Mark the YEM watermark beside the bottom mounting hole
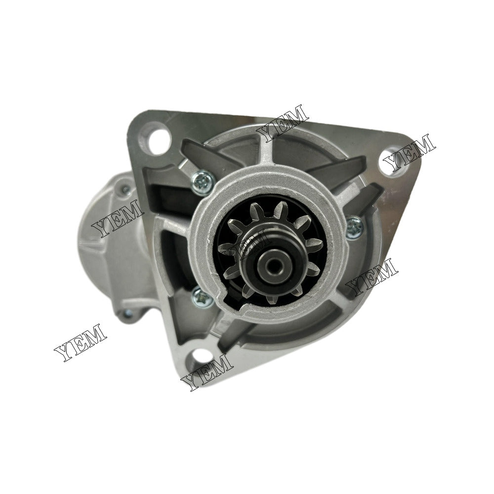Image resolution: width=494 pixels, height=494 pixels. pos(207,371)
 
